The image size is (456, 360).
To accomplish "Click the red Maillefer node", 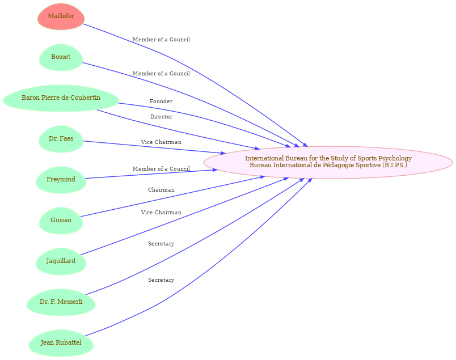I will [x=61, y=16].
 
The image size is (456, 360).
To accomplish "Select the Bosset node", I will [x=61, y=57].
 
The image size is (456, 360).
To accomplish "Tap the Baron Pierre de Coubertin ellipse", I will [x=61, y=98].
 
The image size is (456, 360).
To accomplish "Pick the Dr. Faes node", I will [x=61, y=139].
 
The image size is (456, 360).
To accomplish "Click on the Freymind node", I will [x=61, y=180].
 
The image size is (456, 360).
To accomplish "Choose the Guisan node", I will [x=61, y=221].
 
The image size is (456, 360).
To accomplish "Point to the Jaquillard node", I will [x=61, y=261].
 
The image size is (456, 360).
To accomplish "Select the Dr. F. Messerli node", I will [x=61, y=302].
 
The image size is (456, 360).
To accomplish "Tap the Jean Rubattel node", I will [x=61, y=343].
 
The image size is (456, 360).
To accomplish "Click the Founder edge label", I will [x=161, y=101].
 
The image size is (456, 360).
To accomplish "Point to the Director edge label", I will [x=161, y=117].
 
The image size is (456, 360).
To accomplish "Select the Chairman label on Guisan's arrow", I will [x=161, y=190].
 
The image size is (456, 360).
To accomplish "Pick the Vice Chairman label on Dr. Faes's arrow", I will [x=161, y=142].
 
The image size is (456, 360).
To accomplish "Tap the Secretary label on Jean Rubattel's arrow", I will [x=161, y=280].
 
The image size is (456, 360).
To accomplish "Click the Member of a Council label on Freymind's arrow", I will [x=161, y=169].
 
